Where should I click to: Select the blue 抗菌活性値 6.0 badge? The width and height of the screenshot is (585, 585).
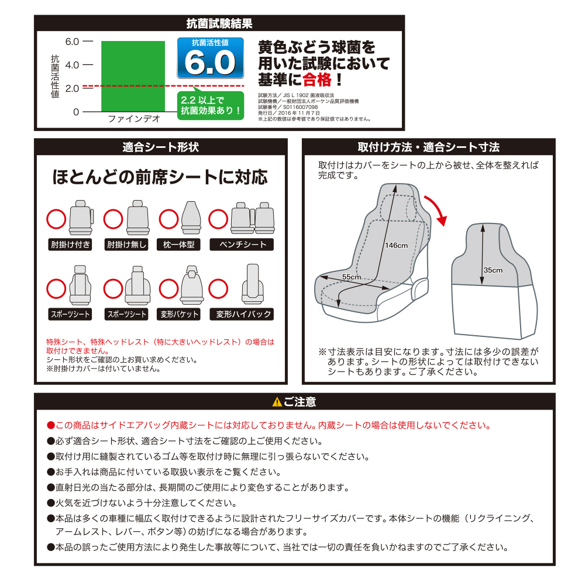point(211,58)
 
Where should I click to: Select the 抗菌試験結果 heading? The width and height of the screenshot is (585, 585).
point(219,24)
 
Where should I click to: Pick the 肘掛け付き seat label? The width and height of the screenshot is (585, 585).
point(70,245)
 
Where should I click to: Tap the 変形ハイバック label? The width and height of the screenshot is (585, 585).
point(243,314)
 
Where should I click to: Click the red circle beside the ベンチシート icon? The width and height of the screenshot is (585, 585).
point(219,219)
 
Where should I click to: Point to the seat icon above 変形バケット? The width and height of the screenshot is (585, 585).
point(189,285)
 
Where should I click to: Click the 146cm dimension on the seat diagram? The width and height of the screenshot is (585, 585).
point(396,245)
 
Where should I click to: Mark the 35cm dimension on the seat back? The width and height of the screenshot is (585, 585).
point(493,270)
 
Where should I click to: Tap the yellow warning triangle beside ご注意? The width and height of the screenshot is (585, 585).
point(277,402)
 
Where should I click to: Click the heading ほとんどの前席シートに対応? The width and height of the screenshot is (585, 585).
point(160,176)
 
